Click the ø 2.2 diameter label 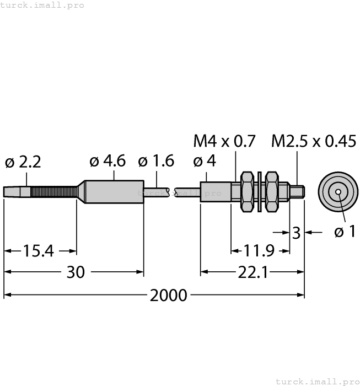[23, 162]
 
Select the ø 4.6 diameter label [108, 161]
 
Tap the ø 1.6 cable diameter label [156, 161]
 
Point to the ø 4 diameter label [205, 162]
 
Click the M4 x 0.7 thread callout [224, 142]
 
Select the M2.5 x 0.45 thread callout [314, 142]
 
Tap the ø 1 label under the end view [345, 232]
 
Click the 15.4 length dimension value [39, 251]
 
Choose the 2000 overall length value [168, 295]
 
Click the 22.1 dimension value [252, 272]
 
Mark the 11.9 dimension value [259, 251]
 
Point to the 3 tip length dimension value [297, 233]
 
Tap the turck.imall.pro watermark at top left [42, 5]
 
